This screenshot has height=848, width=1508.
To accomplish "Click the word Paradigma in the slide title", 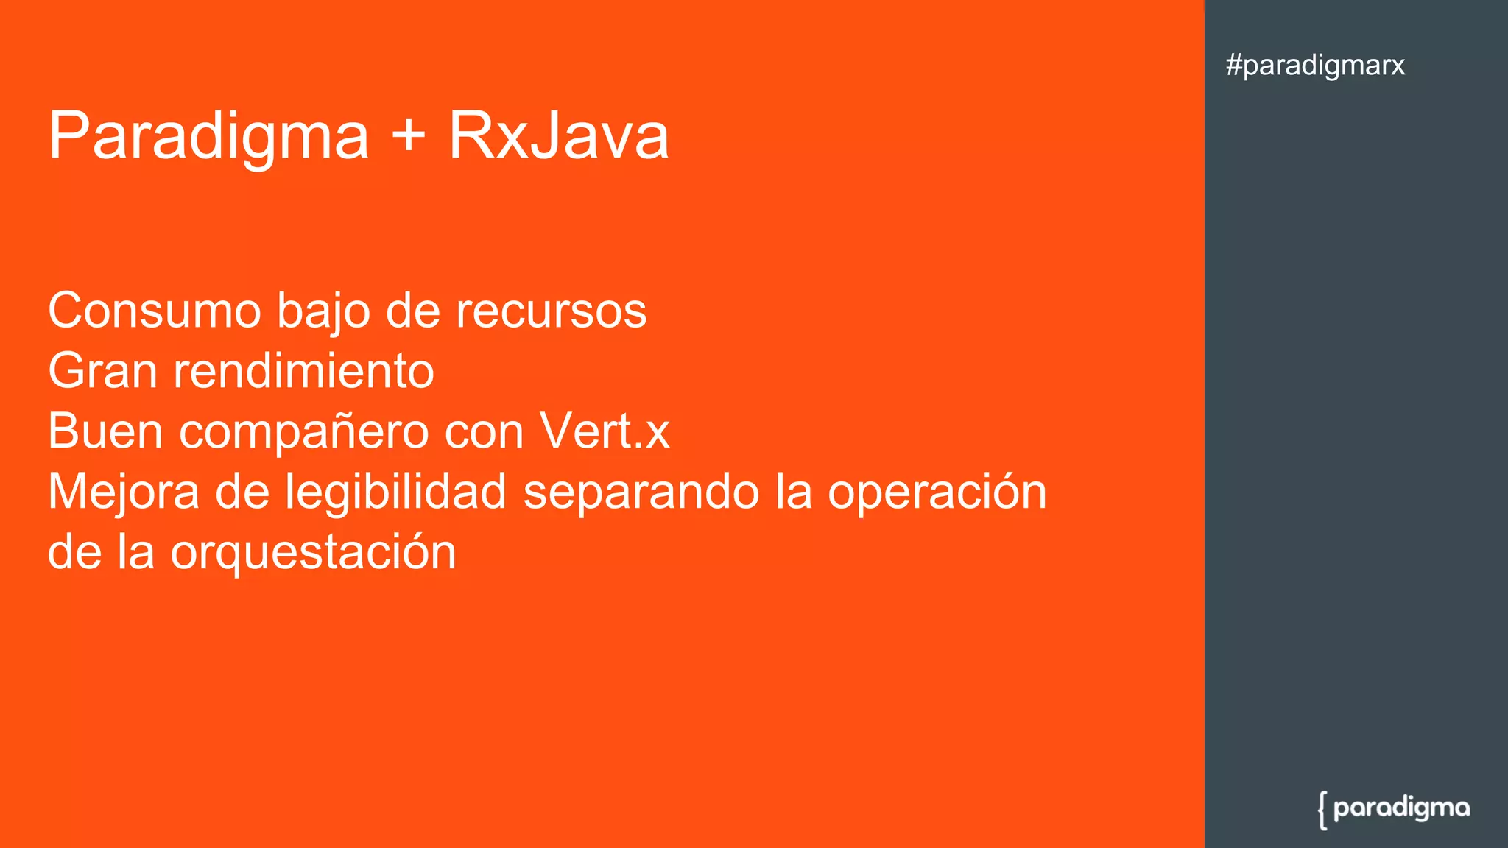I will (x=208, y=136).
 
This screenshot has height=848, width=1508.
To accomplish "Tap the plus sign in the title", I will (x=409, y=136).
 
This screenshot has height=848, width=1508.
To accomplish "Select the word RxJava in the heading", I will (x=559, y=136).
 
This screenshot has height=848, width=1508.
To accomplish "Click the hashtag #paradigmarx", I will (x=1315, y=66).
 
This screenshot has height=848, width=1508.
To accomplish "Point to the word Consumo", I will (x=154, y=311).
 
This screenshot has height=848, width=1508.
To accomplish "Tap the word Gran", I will (x=102, y=370).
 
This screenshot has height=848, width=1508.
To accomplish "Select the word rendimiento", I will (x=303, y=370).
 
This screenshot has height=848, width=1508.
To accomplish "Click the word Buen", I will (x=105, y=431).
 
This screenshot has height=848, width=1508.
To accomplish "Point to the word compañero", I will (x=303, y=432).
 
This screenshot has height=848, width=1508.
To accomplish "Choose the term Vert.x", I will (x=604, y=431).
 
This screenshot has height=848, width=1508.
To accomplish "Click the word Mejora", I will (x=123, y=492).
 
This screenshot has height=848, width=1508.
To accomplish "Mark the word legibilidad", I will (x=395, y=492).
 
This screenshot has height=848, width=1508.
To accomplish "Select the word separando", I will (x=641, y=492).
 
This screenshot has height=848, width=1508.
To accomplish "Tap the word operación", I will (x=937, y=492).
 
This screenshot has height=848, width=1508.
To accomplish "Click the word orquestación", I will (x=313, y=553).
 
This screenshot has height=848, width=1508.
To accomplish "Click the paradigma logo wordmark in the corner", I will (x=1401, y=808).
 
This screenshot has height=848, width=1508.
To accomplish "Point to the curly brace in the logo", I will (x=1322, y=810).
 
